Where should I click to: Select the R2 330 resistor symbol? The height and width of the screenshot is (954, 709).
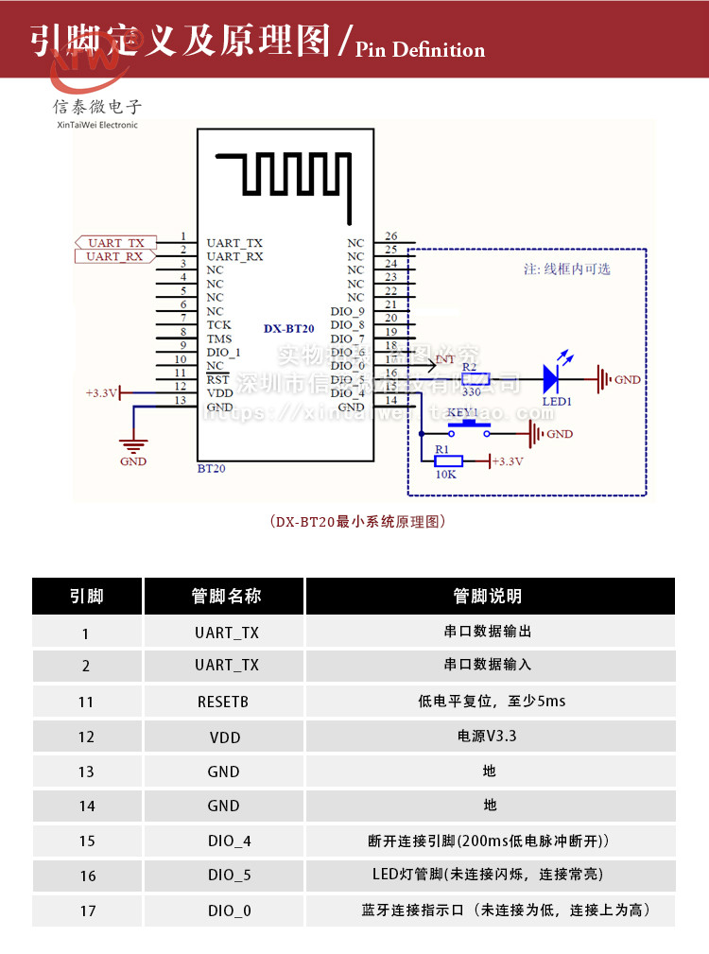(476, 379)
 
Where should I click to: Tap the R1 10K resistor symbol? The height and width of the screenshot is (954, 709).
(447, 461)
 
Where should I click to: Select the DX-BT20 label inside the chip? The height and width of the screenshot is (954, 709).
(288, 328)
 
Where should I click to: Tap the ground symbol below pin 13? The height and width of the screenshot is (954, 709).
(133, 443)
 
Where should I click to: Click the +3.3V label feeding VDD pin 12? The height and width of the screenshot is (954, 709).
(101, 391)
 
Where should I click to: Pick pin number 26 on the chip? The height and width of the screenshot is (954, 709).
(390, 236)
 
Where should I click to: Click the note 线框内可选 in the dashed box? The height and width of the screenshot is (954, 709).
(567, 269)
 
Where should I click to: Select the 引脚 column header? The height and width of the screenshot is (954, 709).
(87, 597)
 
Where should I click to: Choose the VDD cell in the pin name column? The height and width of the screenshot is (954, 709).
(224, 737)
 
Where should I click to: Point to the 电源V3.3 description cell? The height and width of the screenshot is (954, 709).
(489, 736)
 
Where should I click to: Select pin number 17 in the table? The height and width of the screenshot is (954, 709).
(87, 911)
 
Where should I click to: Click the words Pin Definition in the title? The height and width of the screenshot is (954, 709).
(421, 49)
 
